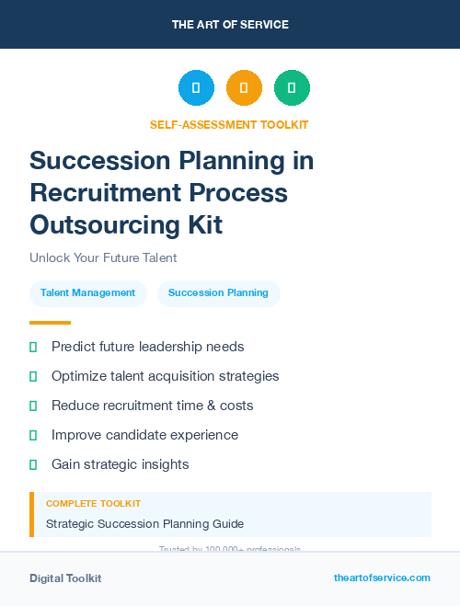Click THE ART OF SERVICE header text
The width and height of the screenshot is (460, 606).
coord(230,25)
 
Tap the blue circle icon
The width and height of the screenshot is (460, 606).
coord(196,88)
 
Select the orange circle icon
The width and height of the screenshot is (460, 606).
coord(244,88)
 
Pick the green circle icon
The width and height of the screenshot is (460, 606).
coord(292,88)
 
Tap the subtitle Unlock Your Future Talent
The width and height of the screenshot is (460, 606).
coord(103,258)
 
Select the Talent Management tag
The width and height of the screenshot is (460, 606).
coord(87,293)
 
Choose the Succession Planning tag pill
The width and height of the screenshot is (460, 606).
coord(218,293)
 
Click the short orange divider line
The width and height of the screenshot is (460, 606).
coord(50,323)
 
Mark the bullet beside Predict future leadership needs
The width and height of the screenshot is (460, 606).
coord(33,348)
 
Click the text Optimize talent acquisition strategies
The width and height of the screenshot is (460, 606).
coord(165,376)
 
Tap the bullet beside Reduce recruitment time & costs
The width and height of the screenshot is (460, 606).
coord(33,406)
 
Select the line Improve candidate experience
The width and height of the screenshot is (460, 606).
coord(144,435)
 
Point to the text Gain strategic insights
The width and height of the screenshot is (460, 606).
coord(120,464)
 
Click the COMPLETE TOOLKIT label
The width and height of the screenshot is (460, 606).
coord(93,504)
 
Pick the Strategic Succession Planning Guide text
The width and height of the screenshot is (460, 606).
coord(144,524)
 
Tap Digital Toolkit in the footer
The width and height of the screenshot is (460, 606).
coord(65,578)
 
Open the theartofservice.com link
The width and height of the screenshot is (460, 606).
coord(382,577)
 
